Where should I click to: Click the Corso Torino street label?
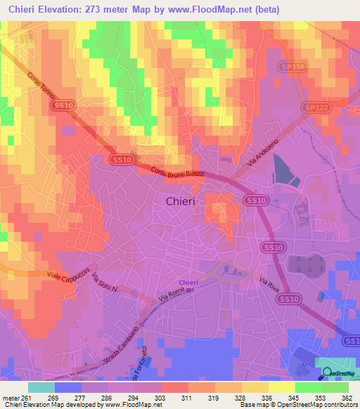[x=41, y=79]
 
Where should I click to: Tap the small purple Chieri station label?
[x=188, y=283]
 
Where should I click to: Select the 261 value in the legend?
[x=27, y=397]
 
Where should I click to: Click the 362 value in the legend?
[x=347, y=397]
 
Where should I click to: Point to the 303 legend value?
[x=160, y=397]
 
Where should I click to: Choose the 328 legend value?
[x=240, y=397]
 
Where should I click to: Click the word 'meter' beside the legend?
[x=11, y=397]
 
